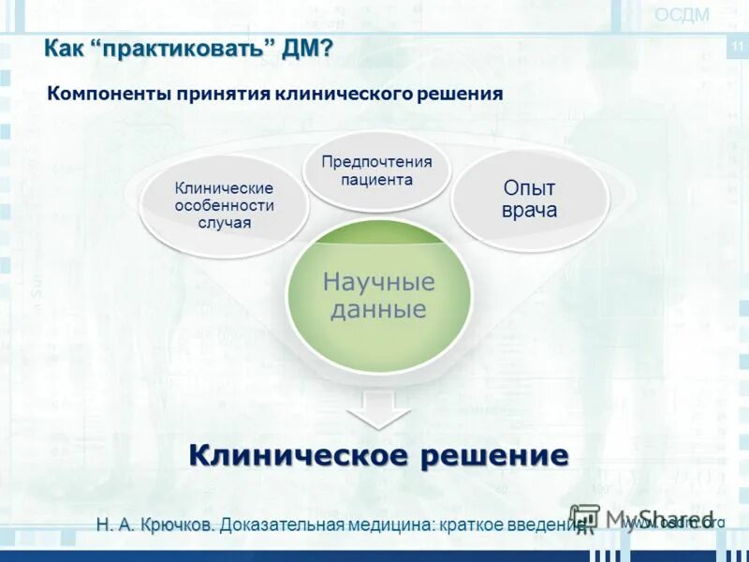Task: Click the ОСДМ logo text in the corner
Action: tap(682, 14)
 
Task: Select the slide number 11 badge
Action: tap(737, 47)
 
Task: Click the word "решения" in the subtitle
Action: tap(463, 94)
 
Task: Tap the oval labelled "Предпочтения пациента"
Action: tap(376, 170)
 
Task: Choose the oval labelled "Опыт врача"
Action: tap(530, 200)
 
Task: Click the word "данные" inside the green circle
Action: tap(379, 310)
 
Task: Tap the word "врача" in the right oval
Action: tap(530, 211)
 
